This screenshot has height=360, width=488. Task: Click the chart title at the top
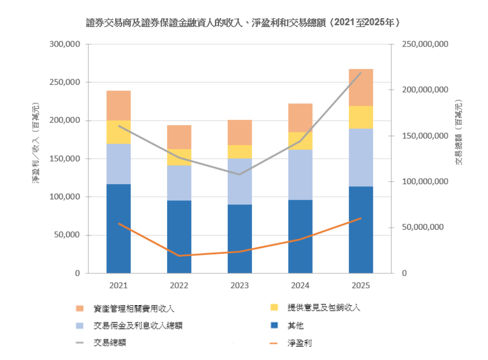point(244,23)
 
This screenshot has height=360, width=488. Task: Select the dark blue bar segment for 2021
point(119,228)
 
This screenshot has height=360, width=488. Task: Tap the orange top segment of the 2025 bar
point(361,87)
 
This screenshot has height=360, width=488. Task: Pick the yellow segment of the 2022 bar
point(179,157)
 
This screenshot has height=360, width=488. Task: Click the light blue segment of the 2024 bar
point(300,174)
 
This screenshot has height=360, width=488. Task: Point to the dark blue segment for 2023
point(240,239)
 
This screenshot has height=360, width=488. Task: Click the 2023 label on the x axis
point(240,286)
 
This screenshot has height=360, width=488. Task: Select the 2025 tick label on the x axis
point(361,286)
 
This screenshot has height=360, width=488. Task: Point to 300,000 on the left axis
point(65,45)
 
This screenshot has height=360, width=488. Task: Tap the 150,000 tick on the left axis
point(65,159)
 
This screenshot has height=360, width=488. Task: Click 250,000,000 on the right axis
point(425,45)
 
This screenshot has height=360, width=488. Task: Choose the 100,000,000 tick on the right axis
point(425,182)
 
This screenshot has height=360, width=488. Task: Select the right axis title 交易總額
point(459,132)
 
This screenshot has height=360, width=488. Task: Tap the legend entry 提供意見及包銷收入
point(324,308)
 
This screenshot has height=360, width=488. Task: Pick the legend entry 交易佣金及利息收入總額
point(138,326)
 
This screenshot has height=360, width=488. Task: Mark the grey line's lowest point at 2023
point(240,174)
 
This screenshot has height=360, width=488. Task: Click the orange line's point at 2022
point(179,256)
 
